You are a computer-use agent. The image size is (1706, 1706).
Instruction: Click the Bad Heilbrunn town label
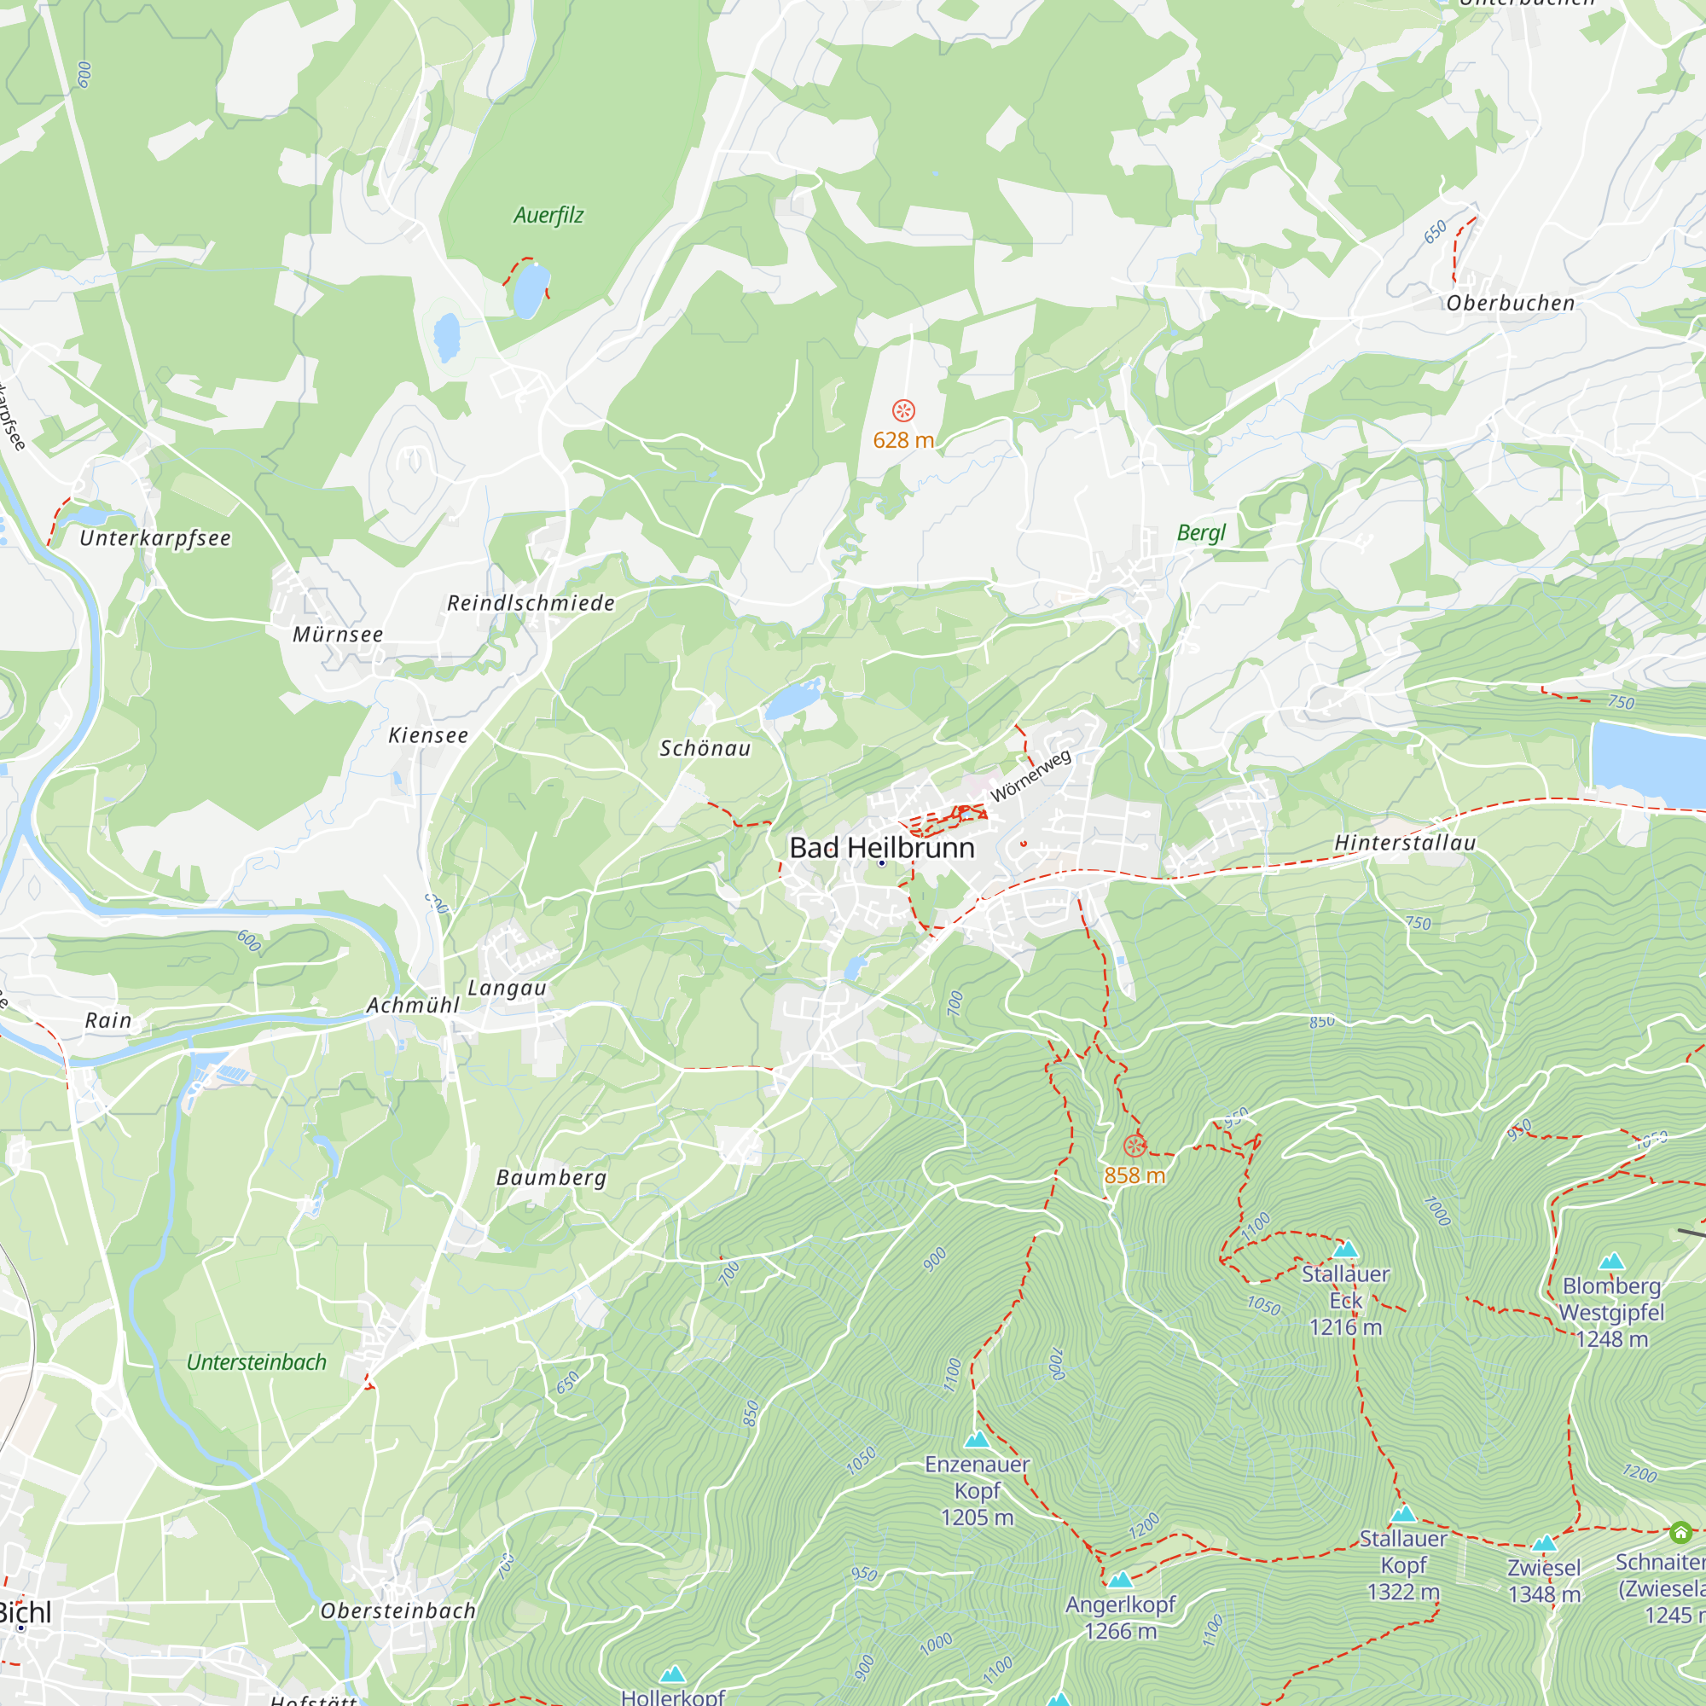pyautogui.click(x=881, y=848)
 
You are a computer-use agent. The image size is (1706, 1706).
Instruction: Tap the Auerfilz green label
pyautogui.click(x=548, y=216)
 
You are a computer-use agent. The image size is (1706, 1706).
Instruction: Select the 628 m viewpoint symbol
pyautogui.click(x=903, y=410)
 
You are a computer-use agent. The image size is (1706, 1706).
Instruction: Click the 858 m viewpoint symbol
pyautogui.click(x=1134, y=1146)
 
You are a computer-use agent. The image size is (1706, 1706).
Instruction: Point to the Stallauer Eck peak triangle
pyautogui.click(x=1345, y=1250)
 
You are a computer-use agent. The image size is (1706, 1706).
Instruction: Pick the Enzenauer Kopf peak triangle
pyautogui.click(x=977, y=1440)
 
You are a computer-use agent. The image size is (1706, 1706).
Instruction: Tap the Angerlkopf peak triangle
pyautogui.click(x=1120, y=1580)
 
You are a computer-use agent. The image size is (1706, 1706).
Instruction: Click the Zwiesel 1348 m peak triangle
pyautogui.click(x=1544, y=1544)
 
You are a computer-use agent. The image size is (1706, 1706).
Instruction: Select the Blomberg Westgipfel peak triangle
pyautogui.click(x=1611, y=1262)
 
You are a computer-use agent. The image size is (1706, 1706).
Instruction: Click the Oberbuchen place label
pyautogui.click(x=1510, y=303)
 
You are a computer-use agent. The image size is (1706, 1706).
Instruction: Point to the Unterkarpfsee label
pyautogui.click(x=155, y=538)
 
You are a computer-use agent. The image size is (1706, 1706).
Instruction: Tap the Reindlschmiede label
pyautogui.click(x=531, y=603)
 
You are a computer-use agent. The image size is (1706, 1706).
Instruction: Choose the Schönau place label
pyautogui.click(x=705, y=749)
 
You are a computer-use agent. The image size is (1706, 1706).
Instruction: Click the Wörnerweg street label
pyautogui.click(x=1030, y=776)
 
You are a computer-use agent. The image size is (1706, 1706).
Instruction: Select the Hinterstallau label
pyautogui.click(x=1405, y=844)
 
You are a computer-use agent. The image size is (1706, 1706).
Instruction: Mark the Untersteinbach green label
pyautogui.click(x=256, y=1362)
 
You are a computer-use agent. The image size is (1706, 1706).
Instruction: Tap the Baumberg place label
pyautogui.click(x=551, y=1178)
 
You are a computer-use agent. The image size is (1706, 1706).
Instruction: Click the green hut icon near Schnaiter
pyautogui.click(x=1680, y=1532)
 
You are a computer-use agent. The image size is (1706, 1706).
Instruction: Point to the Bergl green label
pyautogui.click(x=1201, y=532)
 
